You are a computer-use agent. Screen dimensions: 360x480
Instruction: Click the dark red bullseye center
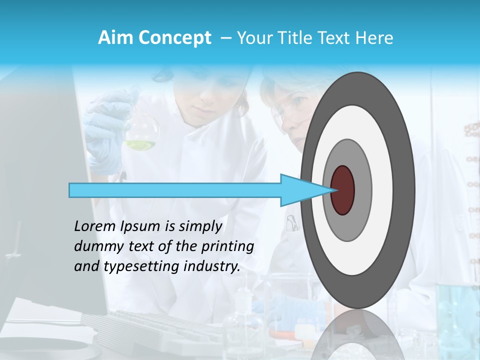[x=343, y=190]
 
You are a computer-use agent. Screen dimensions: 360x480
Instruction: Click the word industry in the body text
[x=212, y=266]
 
